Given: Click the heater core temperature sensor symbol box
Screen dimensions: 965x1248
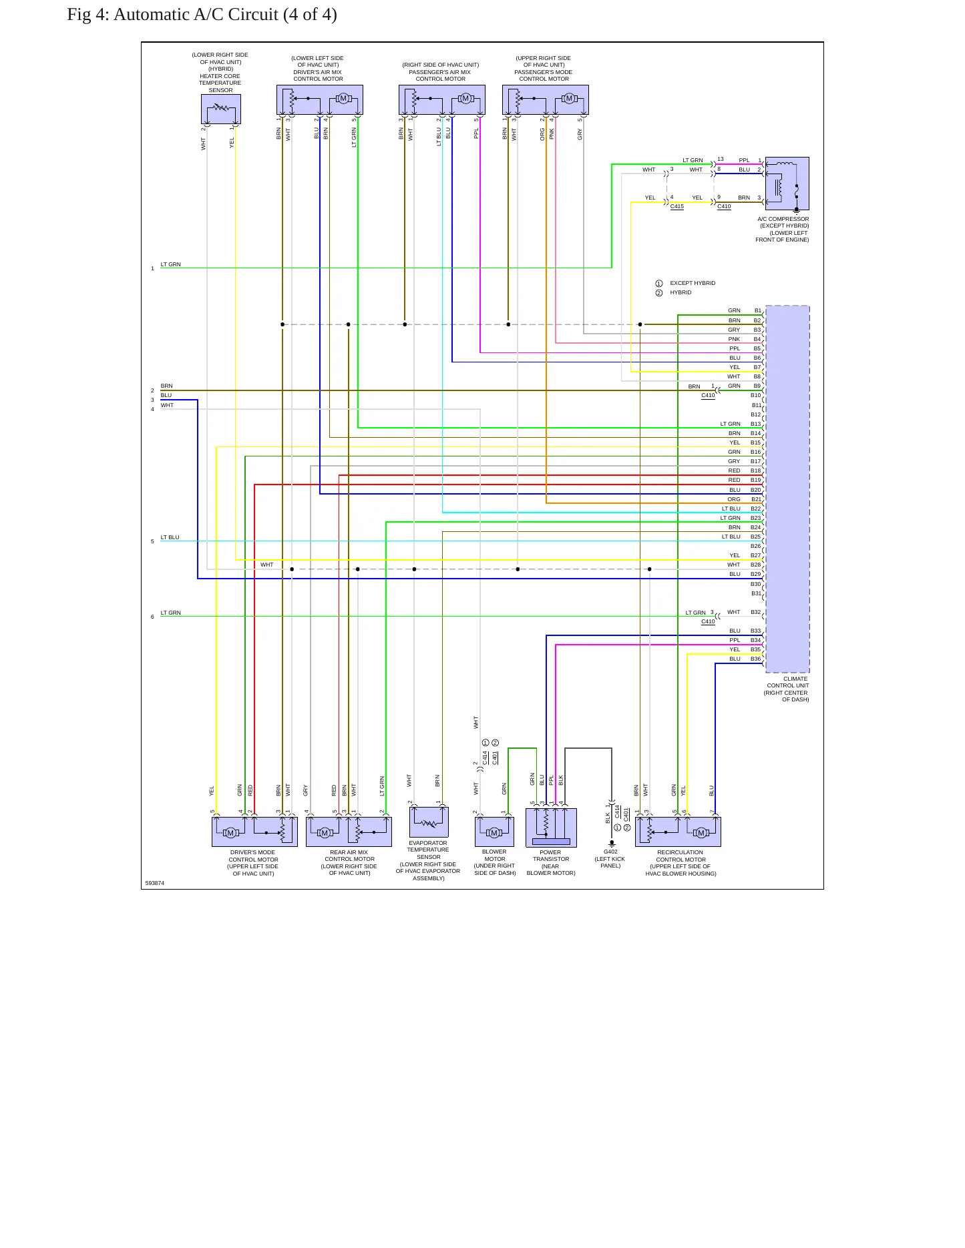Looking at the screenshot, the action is coord(221,109).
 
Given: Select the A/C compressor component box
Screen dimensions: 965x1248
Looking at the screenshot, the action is coord(787,184).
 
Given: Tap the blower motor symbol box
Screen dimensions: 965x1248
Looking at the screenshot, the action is coord(494,832).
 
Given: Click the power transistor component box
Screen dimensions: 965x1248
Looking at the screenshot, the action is coord(551,828).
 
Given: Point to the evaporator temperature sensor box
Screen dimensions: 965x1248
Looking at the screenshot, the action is coord(429,822).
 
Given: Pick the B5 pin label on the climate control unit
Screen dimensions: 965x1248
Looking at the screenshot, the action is coord(757,348).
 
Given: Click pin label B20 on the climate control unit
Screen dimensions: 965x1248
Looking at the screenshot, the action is coord(756,490).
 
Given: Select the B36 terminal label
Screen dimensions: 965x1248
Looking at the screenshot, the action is coord(756,659).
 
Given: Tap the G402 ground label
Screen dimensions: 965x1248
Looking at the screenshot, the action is coord(610,852).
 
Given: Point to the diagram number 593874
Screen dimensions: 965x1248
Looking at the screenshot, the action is coord(155,883).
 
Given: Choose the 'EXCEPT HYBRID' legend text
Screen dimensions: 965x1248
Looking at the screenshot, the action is coord(693,283).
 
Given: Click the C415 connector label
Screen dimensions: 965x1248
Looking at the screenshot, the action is coord(677,206).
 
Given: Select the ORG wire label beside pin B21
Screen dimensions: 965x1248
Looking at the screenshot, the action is coord(734,499).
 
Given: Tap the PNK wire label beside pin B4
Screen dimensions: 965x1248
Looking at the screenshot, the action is coord(734,339).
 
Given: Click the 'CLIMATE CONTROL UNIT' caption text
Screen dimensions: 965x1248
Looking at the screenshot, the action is coord(788,682).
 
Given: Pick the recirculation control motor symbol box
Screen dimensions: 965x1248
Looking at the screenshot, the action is coord(679,832).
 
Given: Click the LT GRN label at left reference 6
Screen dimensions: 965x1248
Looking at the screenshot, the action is coord(171,613).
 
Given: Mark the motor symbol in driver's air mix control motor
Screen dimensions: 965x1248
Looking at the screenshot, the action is coord(343,99).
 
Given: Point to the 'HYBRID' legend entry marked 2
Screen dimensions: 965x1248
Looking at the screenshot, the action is coord(681,292).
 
